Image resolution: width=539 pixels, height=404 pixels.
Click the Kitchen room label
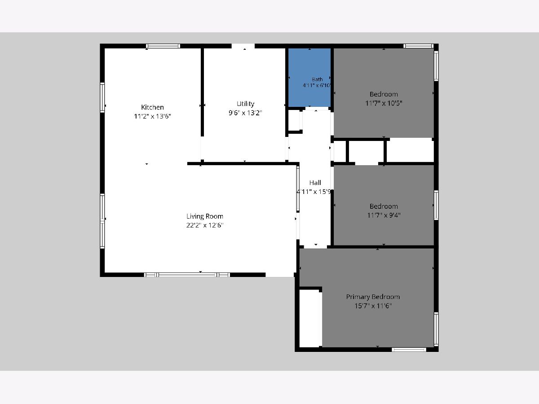point(152,107)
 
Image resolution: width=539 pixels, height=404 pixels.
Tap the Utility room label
point(245,104)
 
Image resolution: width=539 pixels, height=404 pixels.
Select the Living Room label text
point(204,216)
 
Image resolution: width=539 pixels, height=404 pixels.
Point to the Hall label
point(315,183)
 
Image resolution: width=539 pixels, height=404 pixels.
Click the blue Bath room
point(309,78)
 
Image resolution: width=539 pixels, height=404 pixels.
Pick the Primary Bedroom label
point(373,297)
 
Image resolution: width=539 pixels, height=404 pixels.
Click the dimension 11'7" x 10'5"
point(384,103)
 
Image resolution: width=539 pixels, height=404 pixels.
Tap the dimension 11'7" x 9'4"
point(384,215)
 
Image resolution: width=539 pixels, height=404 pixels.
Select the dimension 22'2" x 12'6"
point(204,225)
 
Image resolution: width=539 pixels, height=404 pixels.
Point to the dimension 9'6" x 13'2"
point(245,113)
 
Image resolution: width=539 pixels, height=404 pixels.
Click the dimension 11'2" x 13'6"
point(152,116)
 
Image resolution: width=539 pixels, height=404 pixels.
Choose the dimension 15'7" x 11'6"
point(373,306)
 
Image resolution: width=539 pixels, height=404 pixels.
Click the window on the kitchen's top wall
point(163,46)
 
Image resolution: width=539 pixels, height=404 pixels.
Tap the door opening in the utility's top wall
point(243,46)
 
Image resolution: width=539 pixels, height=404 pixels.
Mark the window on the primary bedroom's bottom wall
point(409,350)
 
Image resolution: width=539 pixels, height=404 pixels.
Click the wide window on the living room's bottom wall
point(187,275)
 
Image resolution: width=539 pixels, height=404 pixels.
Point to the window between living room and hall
point(298,189)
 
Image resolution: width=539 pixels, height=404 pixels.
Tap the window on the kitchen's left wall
point(102,97)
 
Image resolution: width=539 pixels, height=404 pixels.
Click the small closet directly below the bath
point(294,120)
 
